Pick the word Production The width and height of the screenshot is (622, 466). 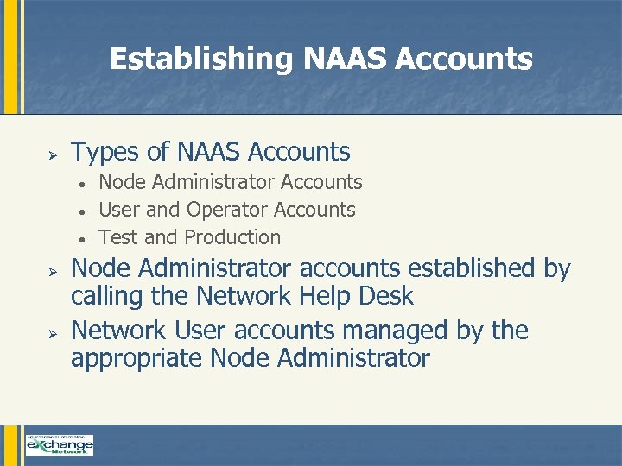click(x=233, y=237)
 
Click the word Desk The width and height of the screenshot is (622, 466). click(x=387, y=296)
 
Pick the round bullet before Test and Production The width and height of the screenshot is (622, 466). click(x=79, y=239)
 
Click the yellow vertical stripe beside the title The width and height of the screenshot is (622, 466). click(x=10, y=57)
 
